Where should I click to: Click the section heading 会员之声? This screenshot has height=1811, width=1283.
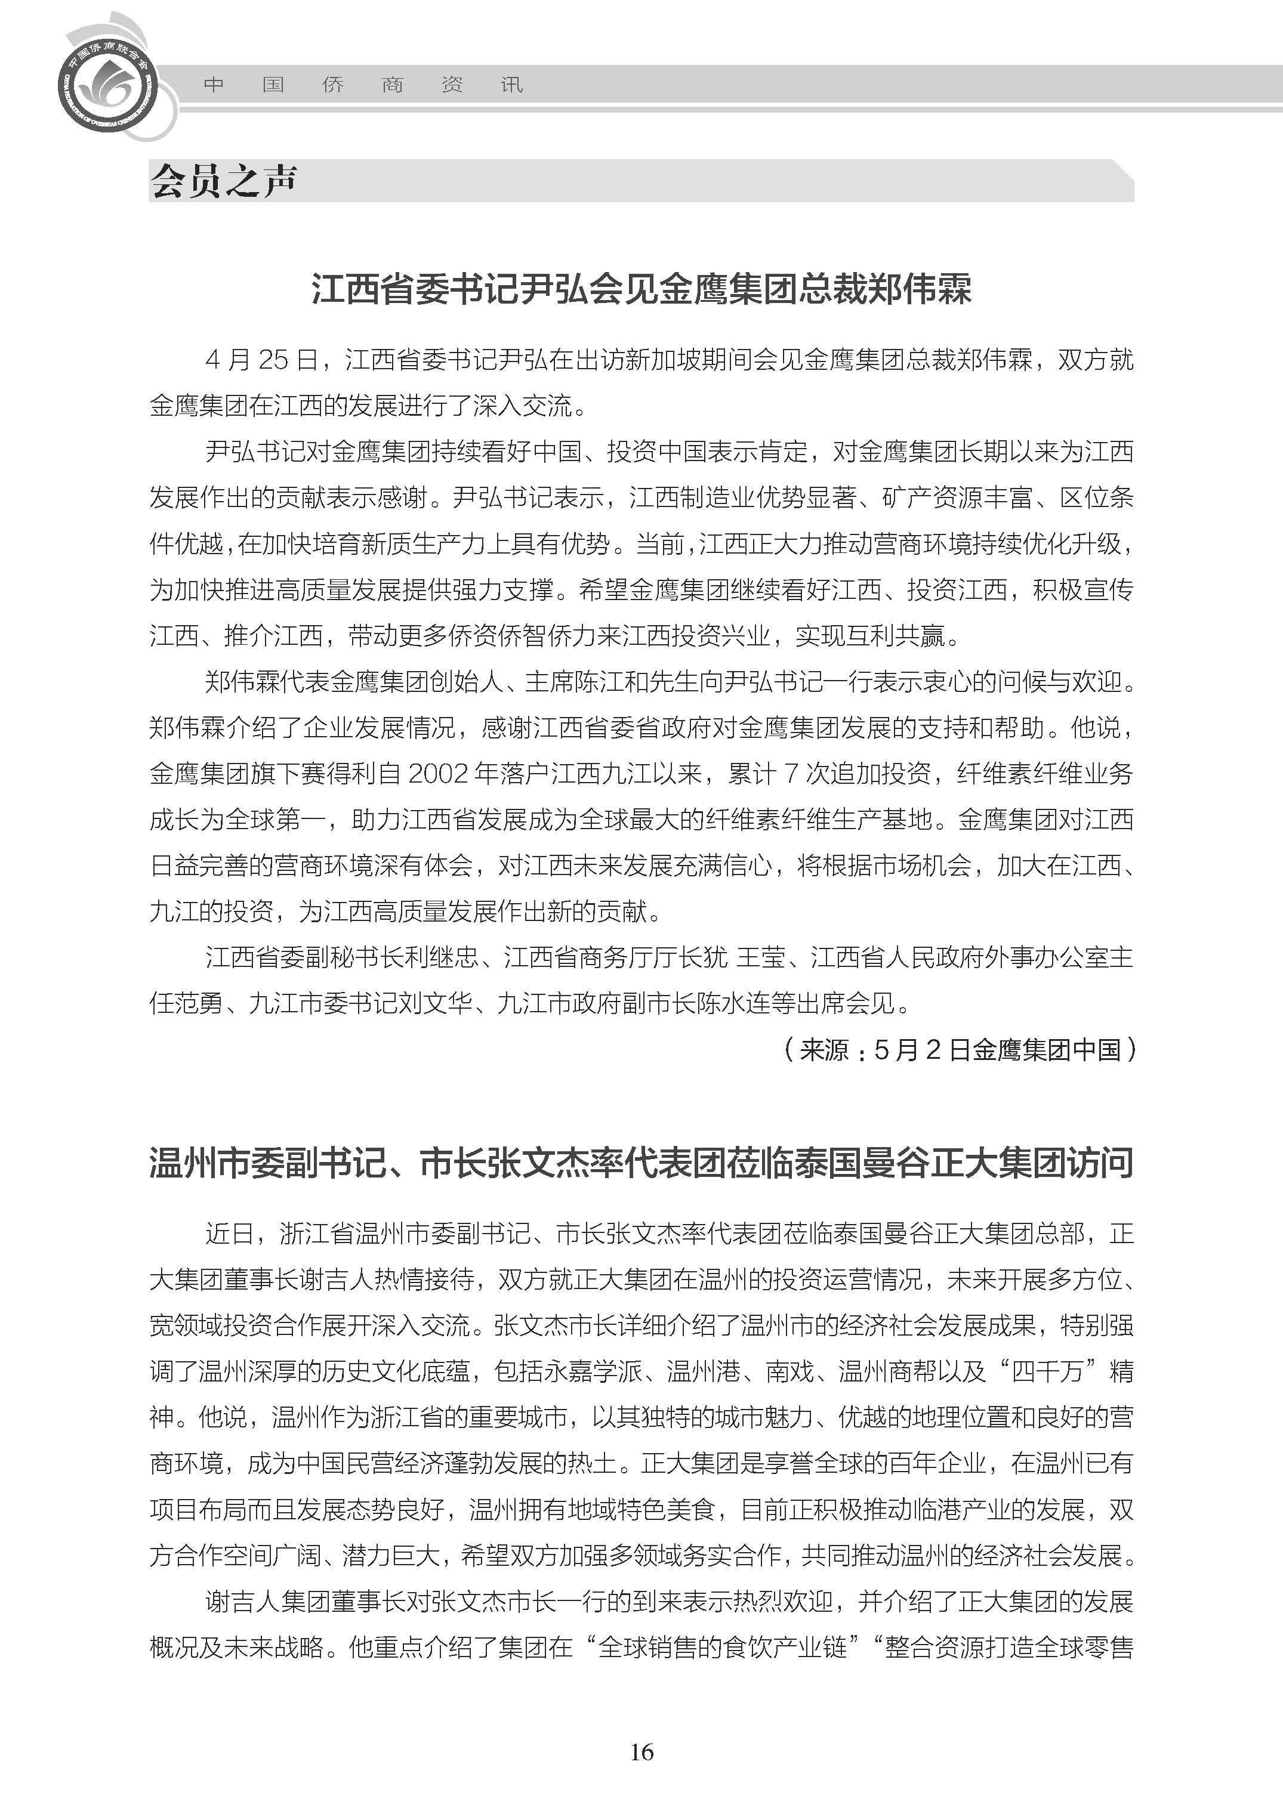(224, 181)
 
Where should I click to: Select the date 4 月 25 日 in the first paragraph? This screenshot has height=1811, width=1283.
(261, 360)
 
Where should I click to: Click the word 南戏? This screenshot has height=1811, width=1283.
(789, 1371)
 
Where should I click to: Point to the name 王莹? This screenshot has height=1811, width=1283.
(761, 957)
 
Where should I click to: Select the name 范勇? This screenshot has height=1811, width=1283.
(199, 1003)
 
